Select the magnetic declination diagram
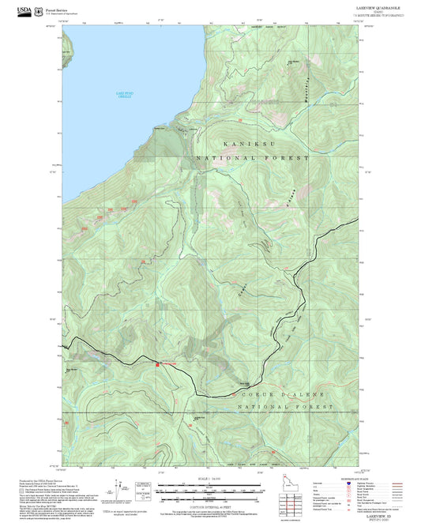click(x=143, y=490)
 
